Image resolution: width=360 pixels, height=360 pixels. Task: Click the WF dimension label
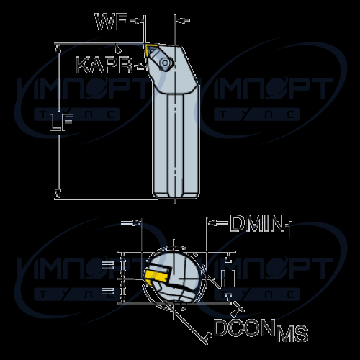pos(111,22)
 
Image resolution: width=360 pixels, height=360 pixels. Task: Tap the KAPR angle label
pos(104,65)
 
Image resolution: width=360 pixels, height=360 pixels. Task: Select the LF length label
pos(62,122)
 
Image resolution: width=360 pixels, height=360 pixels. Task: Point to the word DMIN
pos(256,223)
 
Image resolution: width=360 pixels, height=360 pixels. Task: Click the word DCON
pos(244,328)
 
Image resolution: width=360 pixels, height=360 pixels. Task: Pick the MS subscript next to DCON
pos(293,333)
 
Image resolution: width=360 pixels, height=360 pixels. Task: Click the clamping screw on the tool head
pos(166,63)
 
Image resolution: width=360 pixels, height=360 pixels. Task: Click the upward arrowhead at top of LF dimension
pos(58,49)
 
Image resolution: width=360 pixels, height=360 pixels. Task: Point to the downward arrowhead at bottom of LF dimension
pos(58,194)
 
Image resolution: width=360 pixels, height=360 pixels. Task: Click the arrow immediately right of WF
pos(136,21)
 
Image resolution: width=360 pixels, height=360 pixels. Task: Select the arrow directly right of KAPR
pos(140,66)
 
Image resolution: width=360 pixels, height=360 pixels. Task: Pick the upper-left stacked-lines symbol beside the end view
pos(108,265)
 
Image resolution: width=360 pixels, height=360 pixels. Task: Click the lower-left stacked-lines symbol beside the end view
pos(108,292)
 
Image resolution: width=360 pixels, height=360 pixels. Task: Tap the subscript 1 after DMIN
pos(288,230)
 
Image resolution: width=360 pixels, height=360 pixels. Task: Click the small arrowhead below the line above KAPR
pos(118,49)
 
